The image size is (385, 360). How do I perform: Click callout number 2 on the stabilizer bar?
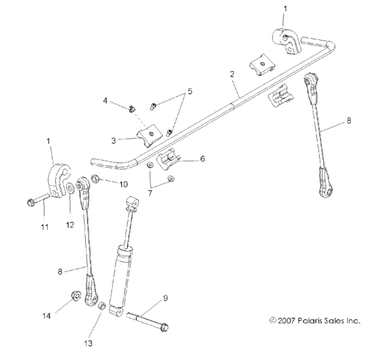[x=232, y=73]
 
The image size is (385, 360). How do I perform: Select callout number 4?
[x=105, y=100]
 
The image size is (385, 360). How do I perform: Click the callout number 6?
[x=202, y=158]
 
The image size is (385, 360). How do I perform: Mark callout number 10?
[x=124, y=184]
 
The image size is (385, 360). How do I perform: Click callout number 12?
[x=69, y=223]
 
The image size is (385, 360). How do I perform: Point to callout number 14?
[x=47, y=316]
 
